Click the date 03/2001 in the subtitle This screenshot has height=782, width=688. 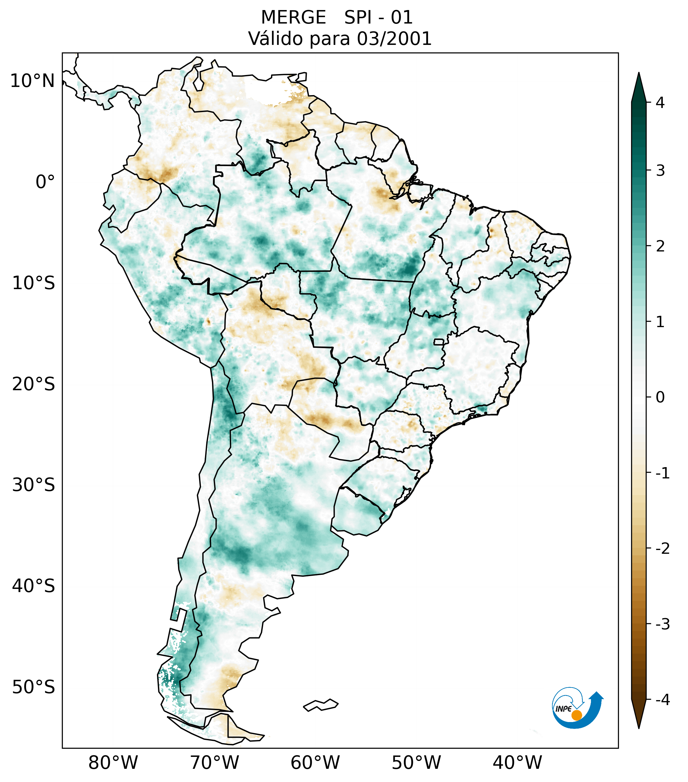click(394, 39)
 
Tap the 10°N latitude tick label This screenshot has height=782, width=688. click(32, 81)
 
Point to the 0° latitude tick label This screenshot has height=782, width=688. click(45, 182)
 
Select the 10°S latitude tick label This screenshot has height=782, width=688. click(34, 283)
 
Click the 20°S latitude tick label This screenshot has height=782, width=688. click(34, 384)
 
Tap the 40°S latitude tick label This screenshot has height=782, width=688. click(34, 586)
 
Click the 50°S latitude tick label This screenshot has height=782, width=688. click(34, 687)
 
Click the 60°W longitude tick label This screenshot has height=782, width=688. click(315, 763)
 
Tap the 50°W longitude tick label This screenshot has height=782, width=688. click(416, 763)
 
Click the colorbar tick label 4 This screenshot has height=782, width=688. click(660, 103)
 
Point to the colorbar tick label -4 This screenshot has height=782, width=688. click(662, 700)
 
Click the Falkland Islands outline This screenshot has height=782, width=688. click(321, 705)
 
